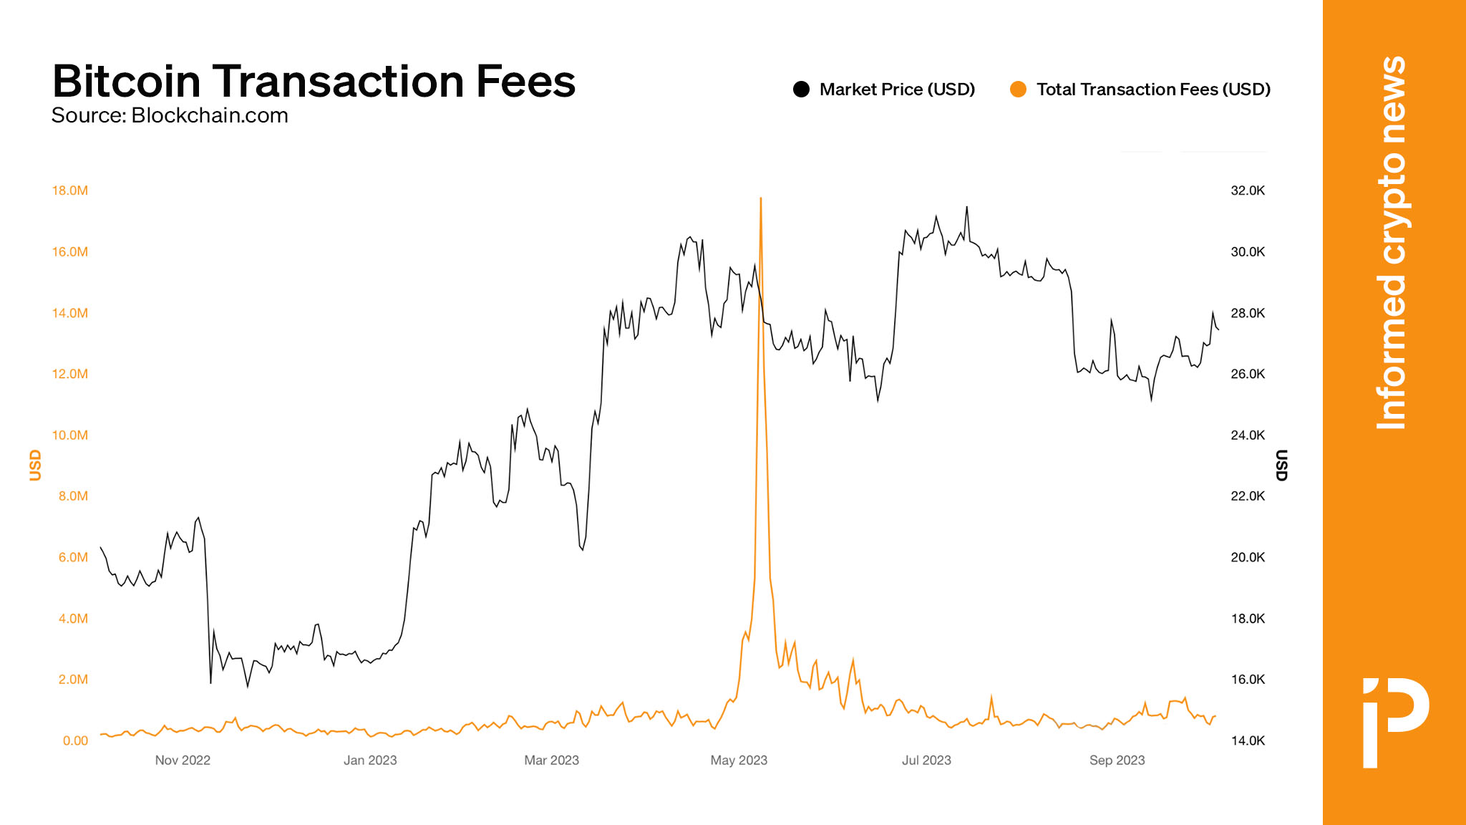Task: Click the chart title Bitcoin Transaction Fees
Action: point(314,81)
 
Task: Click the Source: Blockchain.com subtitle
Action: point(170,115)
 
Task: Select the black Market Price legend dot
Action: point(801,90)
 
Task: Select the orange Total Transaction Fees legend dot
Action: point(1018,90)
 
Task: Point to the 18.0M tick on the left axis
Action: point(70,190)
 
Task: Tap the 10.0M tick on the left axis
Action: point(70,435)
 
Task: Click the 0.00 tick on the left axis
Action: point(75,740)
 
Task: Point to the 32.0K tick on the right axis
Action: point(1248,190)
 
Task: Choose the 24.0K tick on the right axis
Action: point(1248,435)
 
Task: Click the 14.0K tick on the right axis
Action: point(1248,740)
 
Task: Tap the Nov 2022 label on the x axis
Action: point(183,761)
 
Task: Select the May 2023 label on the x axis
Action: point(739,761)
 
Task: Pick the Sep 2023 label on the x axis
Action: point(1117,761)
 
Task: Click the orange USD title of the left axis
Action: point(35,465)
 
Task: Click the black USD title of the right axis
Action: point(1281,465)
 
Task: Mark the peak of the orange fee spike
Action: point(760,198)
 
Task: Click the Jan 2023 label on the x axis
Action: point(370,761)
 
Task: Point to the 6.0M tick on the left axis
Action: point(73,557)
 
